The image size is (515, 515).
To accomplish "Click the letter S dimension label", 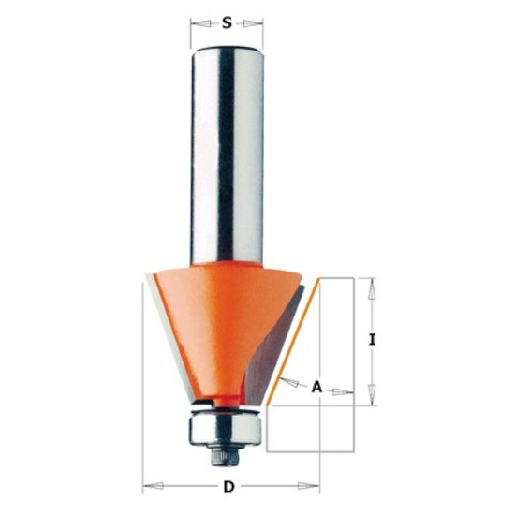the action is point(227,23).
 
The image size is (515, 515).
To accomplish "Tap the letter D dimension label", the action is point(228,486).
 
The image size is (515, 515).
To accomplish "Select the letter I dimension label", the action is point(372,339).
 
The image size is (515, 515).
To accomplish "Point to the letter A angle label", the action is point(316,387).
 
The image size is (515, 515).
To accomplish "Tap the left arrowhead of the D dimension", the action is point(154,486).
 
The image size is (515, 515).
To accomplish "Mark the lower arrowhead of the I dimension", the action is point(372,395).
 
